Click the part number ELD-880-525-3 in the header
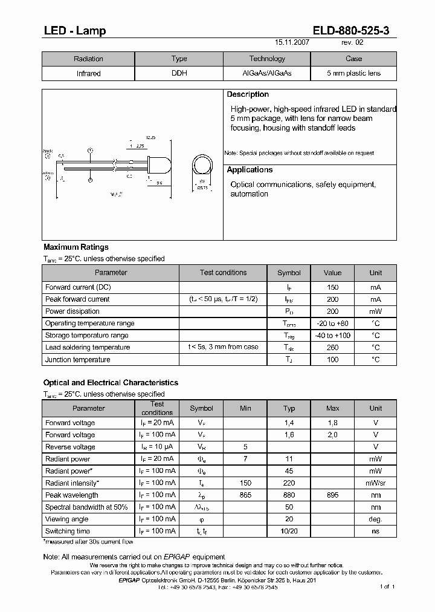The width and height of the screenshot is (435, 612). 353,31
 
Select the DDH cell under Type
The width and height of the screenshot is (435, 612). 179,73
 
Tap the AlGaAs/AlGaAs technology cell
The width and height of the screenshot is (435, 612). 266,73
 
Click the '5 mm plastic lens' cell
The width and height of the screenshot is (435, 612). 353,73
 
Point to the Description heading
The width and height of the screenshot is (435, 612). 248,94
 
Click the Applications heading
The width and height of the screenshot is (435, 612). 250,170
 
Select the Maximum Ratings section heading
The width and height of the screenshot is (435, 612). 76,247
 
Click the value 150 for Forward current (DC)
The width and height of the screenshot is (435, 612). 332,287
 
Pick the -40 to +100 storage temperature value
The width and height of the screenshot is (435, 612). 332,335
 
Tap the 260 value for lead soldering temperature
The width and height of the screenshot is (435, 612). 332,347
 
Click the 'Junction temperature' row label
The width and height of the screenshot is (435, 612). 77,360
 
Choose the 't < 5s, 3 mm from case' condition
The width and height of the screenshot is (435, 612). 223,347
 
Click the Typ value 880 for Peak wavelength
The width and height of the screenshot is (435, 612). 289,495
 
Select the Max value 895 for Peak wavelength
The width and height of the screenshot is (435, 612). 332,495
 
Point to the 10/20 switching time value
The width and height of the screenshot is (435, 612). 289,531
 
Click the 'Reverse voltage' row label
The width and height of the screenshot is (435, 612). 70,447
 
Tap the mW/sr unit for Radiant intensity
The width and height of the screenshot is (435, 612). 376,483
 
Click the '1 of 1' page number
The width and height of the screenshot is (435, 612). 387,587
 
